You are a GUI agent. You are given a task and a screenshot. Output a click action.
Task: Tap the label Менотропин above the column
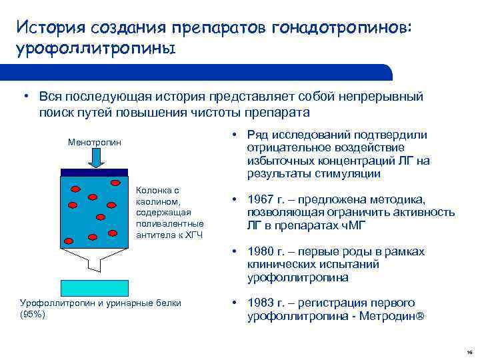[95, 142]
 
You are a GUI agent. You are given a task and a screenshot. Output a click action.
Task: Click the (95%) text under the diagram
[33, 314]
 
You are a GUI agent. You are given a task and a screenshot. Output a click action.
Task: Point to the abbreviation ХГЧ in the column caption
[193, 235]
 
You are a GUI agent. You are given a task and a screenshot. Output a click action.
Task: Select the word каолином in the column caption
[157, 201]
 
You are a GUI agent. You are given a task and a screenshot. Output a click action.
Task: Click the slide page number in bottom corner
[469, 351]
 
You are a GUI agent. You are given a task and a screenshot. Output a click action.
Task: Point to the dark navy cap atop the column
[94, 172]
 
